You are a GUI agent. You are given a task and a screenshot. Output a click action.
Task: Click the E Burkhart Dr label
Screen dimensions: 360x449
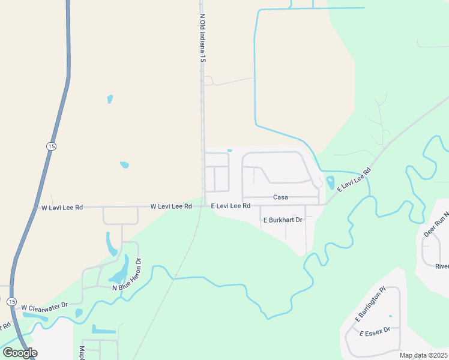pyautogui.click(x=282, y=220)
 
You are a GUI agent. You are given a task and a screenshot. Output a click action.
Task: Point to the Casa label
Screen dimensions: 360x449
pyautogui.click(x=280, y=197)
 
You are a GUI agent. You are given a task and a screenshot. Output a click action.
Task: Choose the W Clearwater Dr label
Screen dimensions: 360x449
pyautogui.click(x=45, y=307)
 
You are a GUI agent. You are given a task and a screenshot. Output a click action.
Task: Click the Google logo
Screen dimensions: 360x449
pyautogui.click(x=20, y=352)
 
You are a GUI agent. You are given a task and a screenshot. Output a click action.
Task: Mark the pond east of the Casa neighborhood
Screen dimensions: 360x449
pyautogui.click(x=330, y=182)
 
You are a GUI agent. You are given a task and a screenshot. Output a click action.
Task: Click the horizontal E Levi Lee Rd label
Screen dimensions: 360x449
pyautogui.click(x=231, y=206)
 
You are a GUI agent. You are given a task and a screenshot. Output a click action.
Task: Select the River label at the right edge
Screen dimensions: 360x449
pyautogui.click(x=442, y=266)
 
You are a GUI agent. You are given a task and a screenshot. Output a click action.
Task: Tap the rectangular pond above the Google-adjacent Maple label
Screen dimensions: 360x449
pyautogui.click(x=104, y=329)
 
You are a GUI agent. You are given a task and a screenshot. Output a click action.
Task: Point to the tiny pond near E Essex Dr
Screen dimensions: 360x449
pyautogui.click(x=390, y=316)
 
